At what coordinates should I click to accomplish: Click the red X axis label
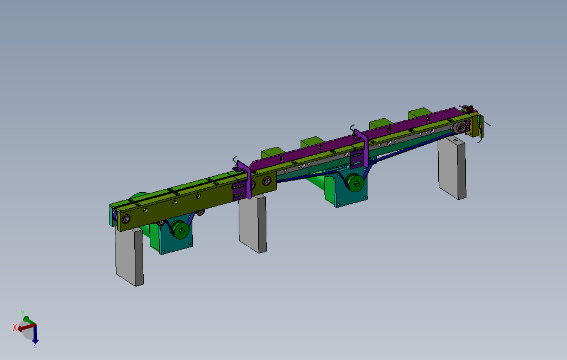click(x=15, y=327)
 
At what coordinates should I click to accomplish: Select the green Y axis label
click(x=22, y=312)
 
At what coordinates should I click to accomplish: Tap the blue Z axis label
click(x=35, y=345)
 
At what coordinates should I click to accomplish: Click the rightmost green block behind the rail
click(x=419, y=113)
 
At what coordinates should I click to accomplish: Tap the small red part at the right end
click(x=471, y=109)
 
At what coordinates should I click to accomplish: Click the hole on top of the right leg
click(x=454, y=141)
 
